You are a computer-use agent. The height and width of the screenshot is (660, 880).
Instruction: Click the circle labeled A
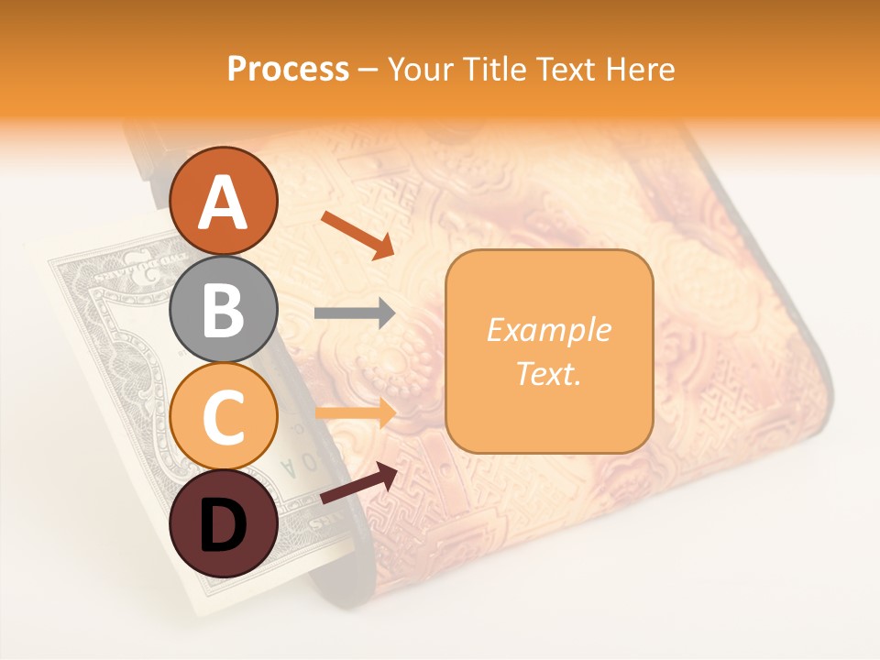(x=224, y=201)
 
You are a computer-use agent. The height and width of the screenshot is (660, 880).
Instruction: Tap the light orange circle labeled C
(x=224, y=417)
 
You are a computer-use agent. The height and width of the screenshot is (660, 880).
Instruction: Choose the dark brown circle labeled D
(x=224, y=523)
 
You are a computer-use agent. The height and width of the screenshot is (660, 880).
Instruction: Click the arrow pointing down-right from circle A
(x=357, y=235)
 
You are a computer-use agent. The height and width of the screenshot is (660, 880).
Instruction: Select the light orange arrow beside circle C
(x=355, y=413)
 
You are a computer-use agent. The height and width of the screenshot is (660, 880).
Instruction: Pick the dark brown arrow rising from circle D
(x=358, y=484)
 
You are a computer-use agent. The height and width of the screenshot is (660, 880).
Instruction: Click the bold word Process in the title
(x=288, y=69)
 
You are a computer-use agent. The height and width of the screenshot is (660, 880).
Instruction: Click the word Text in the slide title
(x=576, y=69)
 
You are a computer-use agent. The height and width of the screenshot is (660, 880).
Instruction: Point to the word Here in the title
(x=645, y=69)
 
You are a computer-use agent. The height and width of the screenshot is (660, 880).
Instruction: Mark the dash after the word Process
(x=368, y=70)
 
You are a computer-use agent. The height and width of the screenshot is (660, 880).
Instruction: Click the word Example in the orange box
(x=548, y=330)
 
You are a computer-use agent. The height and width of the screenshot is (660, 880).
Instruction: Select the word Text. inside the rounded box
(x=548, y=373)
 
